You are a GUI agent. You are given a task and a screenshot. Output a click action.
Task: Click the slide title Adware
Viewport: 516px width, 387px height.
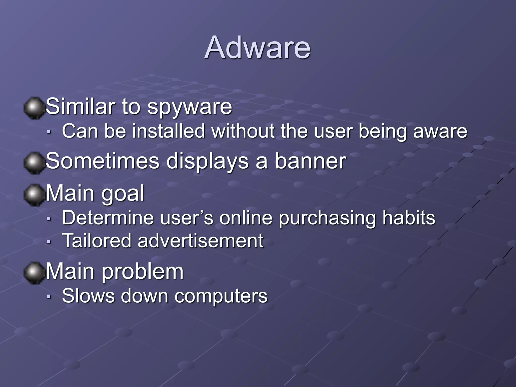tap(257, 47)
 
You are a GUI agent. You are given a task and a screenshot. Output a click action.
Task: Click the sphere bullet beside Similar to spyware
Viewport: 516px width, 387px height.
tap(34, 108)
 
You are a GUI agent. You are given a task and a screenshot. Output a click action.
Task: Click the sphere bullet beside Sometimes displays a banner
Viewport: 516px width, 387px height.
tap(34, 163)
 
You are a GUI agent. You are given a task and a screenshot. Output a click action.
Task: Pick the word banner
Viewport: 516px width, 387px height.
tap(310, 161)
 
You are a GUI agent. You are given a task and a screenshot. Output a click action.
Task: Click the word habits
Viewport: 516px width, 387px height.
tap(409, 218)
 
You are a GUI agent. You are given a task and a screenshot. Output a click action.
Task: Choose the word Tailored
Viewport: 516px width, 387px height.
tap(97, 241)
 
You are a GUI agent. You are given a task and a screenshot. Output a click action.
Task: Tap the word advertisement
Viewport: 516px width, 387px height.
tap(201, 241)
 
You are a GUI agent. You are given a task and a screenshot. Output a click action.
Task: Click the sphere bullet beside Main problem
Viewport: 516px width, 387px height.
tap(34, 273)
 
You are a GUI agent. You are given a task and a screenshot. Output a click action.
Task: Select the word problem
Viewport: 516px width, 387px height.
tap(143, 272)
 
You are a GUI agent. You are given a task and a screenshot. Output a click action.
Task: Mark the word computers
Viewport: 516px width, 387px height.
tap(221, 296)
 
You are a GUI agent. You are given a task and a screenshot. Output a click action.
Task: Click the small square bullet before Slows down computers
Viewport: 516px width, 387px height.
tap(49, 297)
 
